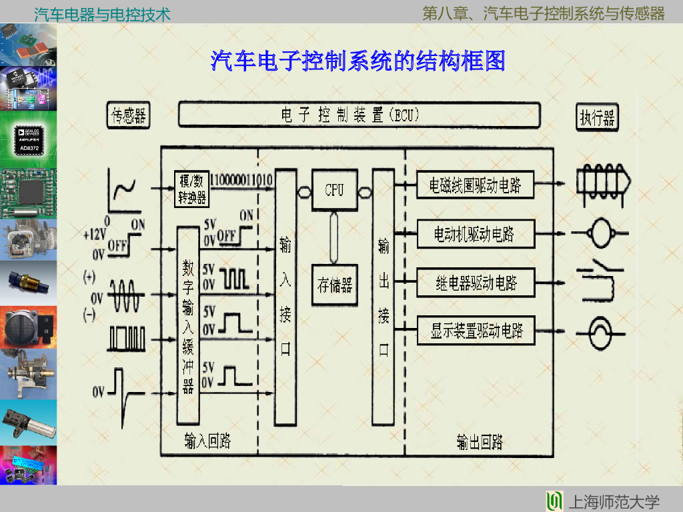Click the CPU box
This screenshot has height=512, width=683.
tap(334, 190)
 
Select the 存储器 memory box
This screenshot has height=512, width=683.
tap(334, 285)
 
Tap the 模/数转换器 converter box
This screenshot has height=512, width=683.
tap(191, 189)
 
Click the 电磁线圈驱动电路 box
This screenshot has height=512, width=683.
tap(476, 185)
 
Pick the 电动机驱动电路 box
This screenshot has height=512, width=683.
tap(476, 235)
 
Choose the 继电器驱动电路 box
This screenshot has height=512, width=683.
tap(476, 283)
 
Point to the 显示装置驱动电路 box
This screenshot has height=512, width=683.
tap(476, 331)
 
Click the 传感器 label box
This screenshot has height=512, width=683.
tap(129, 116)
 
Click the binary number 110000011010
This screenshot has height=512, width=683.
tap(240, 180)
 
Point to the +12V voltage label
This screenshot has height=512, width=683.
tap(95, 235)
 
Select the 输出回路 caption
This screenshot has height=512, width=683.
tap(480, 441)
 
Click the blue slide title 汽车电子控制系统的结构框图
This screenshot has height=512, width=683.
tap(358, 61)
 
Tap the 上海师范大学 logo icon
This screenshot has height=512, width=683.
tap(554, 501)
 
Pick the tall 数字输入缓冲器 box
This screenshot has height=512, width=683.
tap(188, 325)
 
